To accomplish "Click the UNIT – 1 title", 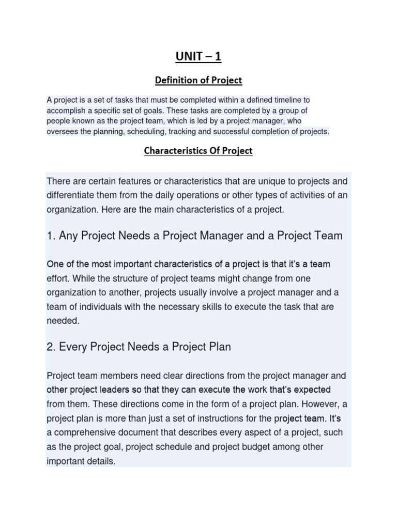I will click(x=198, y=56).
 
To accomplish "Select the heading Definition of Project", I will click(x=198, y=80).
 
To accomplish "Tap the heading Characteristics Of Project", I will click(x=198, y=151).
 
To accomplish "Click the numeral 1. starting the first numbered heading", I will click(x=51, y=236).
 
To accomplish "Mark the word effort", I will click(x=58, y=278).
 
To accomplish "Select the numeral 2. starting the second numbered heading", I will click(x=51, y=347).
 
